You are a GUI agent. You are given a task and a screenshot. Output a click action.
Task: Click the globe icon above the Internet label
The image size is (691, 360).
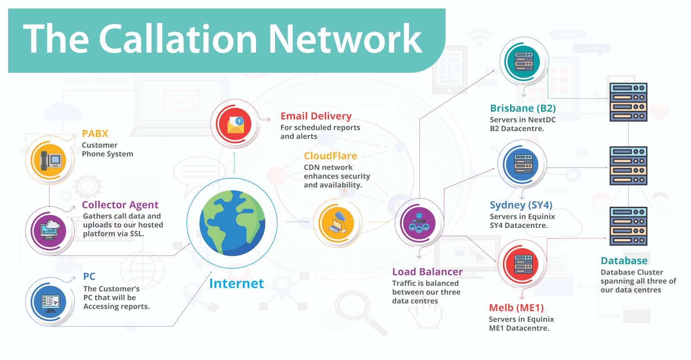tap(232, 223)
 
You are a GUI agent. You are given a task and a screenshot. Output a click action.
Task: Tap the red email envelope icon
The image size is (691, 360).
tap(235, 124)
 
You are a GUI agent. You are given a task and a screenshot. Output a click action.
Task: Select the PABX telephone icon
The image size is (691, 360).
tap(50, 160)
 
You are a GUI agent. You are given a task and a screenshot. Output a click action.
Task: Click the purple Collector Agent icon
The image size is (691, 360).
tap(50, 231)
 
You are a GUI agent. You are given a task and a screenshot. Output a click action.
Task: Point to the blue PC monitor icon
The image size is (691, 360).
tap(50, 301)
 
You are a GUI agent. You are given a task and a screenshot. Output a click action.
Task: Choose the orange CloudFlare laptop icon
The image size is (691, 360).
tap(337, 223)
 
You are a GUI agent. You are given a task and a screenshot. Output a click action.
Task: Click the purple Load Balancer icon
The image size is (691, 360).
tap(418, 223)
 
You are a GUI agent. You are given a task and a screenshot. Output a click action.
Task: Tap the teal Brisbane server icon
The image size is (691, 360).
tap(523, 62)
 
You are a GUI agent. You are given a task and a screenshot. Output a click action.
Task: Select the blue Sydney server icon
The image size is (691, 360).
tap(523, 164)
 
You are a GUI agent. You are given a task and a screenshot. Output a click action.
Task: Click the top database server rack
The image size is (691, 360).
tap(628, 102)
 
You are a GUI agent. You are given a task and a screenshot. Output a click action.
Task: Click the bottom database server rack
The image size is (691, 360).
tap(628, 226)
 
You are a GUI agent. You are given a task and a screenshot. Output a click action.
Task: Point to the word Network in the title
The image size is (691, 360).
tap(345, 39)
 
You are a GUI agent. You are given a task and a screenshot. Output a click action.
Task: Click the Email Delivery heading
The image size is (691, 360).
tap(316, 116)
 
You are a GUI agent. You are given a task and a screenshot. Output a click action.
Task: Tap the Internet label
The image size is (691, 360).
tap(236, 284)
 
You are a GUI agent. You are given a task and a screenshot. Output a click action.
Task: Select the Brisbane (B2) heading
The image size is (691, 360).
tap(523, 108)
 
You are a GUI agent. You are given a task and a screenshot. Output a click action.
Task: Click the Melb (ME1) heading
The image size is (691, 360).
tap(516, 308)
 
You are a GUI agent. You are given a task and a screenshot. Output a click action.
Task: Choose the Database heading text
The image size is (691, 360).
tap(624, 261)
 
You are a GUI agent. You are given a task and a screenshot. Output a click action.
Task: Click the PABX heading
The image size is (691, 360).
tap(95, 134)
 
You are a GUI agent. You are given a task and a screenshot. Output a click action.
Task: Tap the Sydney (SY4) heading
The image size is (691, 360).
tap(521, 205)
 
